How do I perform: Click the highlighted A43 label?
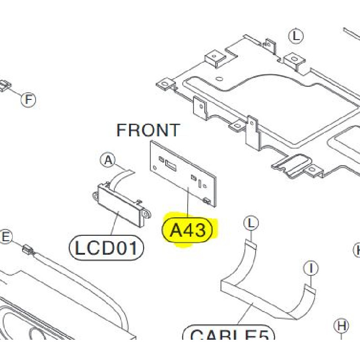(189, 230)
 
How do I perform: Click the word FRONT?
(148, 130)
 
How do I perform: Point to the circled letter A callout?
(108, 159)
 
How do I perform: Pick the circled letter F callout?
(28, 99)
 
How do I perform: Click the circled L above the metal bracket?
(296, 36)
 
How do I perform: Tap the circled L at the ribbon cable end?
(252, 223)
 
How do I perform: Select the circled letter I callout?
(310, 269)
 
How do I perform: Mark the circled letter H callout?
(342, 325)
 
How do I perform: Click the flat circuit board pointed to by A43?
(182, 173)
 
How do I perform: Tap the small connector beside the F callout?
(5, 85)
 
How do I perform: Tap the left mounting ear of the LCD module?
(95, 196)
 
